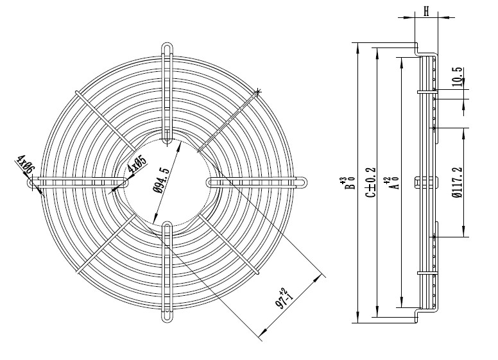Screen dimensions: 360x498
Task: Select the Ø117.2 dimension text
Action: [456, 183]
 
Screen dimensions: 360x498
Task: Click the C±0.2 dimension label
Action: [370, 183]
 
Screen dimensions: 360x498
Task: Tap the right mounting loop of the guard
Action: [299, 182]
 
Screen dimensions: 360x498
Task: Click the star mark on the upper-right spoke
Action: [258, 91]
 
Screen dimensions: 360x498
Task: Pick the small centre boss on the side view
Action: [418, 183]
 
